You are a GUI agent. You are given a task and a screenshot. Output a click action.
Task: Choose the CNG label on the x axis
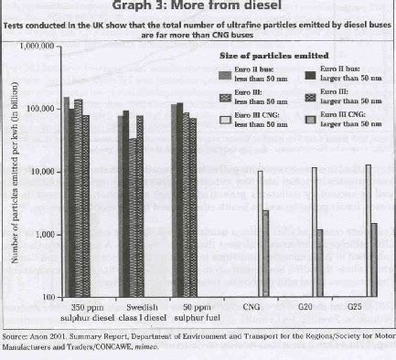pyautogui.click(x=251, y=309)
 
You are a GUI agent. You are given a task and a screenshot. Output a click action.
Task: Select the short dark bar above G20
pyautogui.click(x=320, y=263)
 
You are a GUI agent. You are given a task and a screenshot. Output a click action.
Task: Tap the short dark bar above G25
pyautogui.click(x=375, y=260)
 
